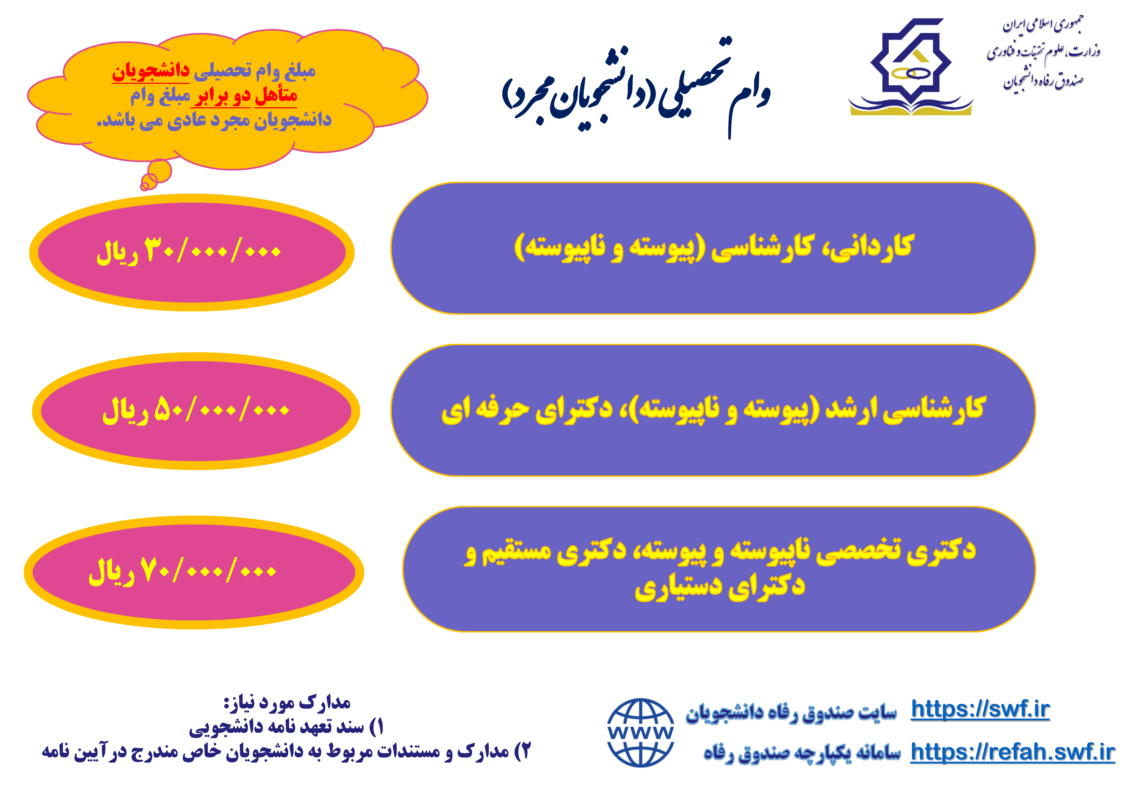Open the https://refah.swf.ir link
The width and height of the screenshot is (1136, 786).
1012,752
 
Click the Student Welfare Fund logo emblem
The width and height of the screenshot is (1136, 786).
910,67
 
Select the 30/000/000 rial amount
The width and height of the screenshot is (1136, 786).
189,251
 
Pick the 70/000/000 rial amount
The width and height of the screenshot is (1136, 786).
182,571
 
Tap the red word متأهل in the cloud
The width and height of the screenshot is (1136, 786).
276,95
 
